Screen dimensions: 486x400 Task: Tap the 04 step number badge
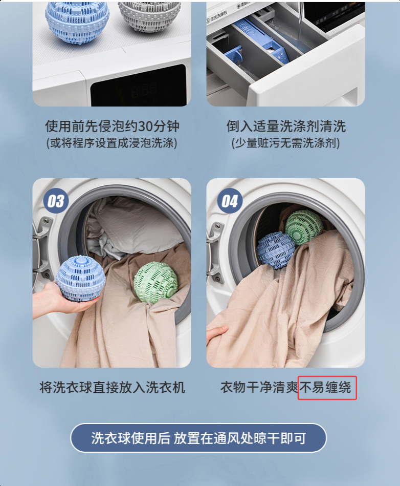[x=229, y=201]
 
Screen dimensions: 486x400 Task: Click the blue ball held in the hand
[x=81, y=279]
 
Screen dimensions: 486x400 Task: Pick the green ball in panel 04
[x=304, y=227]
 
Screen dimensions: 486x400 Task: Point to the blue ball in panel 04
[x=276, y=250]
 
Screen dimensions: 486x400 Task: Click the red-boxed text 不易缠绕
[x=327, y=388]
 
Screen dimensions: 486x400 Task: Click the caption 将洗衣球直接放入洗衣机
[x=112, y=388]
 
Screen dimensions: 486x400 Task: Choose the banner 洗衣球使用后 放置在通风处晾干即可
[x=198, y=438]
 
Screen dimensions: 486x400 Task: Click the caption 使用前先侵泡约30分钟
[x=112, y=126]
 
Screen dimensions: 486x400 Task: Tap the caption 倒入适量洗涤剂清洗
[x=286, y=126]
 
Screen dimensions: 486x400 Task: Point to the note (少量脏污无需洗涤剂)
[x=285, y=143]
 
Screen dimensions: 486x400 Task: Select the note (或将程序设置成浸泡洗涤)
[x=112, y=143]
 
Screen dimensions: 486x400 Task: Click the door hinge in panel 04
[x=215, y=251]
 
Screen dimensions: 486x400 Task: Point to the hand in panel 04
[x=217, y=335]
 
